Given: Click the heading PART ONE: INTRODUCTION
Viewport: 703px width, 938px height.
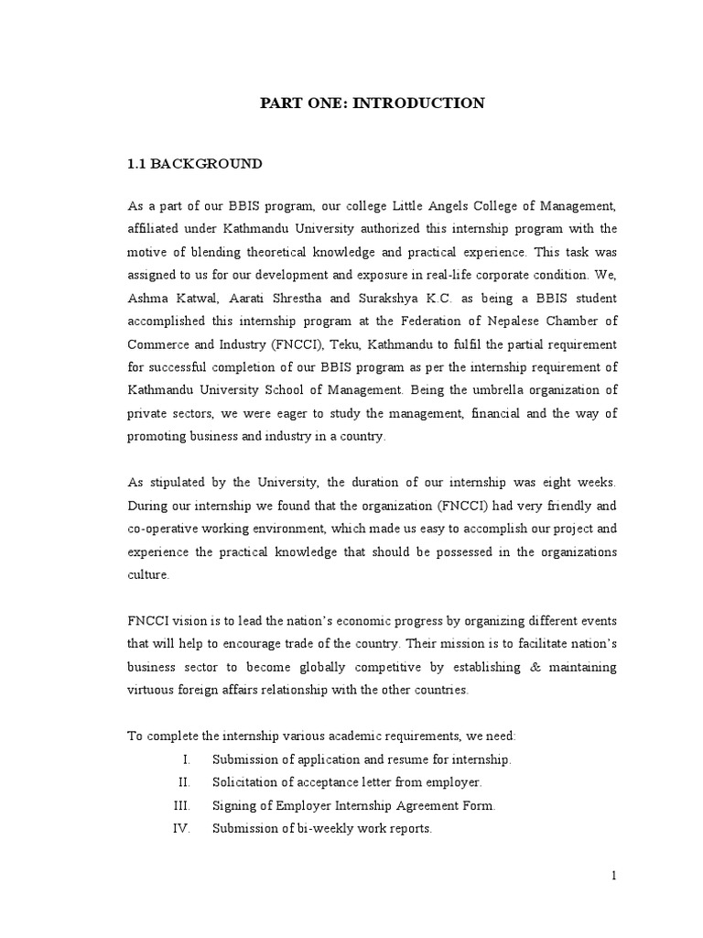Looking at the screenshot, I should pos(372,104).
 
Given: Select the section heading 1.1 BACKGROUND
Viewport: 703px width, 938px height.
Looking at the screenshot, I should pos(194,164).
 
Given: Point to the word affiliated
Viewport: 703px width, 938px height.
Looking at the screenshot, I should pos(154,228).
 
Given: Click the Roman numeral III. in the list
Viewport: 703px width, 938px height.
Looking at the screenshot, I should pos(181,805).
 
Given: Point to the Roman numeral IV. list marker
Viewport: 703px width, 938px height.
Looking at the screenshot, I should pos(181,829).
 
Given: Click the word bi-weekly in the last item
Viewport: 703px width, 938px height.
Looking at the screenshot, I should pos(316,829).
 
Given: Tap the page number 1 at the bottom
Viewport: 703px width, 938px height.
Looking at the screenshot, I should pos(615,876).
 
